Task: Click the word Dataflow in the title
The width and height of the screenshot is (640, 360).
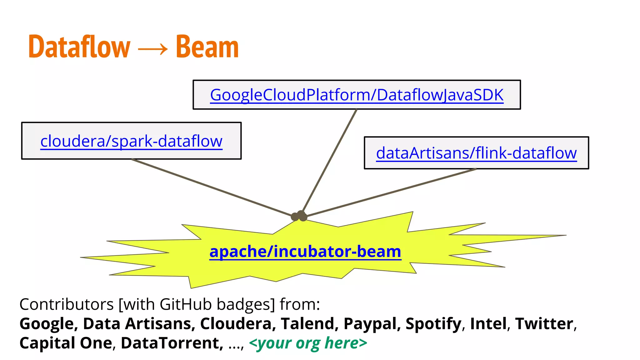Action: pos(79,47)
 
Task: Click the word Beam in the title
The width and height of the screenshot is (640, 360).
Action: pos(207,47)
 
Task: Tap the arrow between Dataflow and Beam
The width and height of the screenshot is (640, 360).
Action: pos(152,49)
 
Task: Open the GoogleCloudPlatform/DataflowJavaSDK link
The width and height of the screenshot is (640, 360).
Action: pos(357,95)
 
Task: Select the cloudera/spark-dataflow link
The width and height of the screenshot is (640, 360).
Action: pos(131,141)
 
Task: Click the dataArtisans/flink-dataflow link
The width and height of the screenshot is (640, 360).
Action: pos(476,153)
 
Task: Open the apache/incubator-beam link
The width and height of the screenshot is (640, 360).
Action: pos(305,252)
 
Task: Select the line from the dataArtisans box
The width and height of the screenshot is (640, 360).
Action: pos(391,192)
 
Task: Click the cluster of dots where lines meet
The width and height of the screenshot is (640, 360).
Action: pos(299,216)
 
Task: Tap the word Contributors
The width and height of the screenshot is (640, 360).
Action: pos(66,304)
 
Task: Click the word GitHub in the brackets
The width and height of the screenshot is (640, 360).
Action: pos(186,304)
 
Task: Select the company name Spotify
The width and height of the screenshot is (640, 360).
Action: pos(433,324)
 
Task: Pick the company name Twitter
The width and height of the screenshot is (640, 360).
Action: pos(544,324)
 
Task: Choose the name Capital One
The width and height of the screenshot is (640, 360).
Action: pos(66,343)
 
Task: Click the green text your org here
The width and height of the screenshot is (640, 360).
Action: pos(308,343)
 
